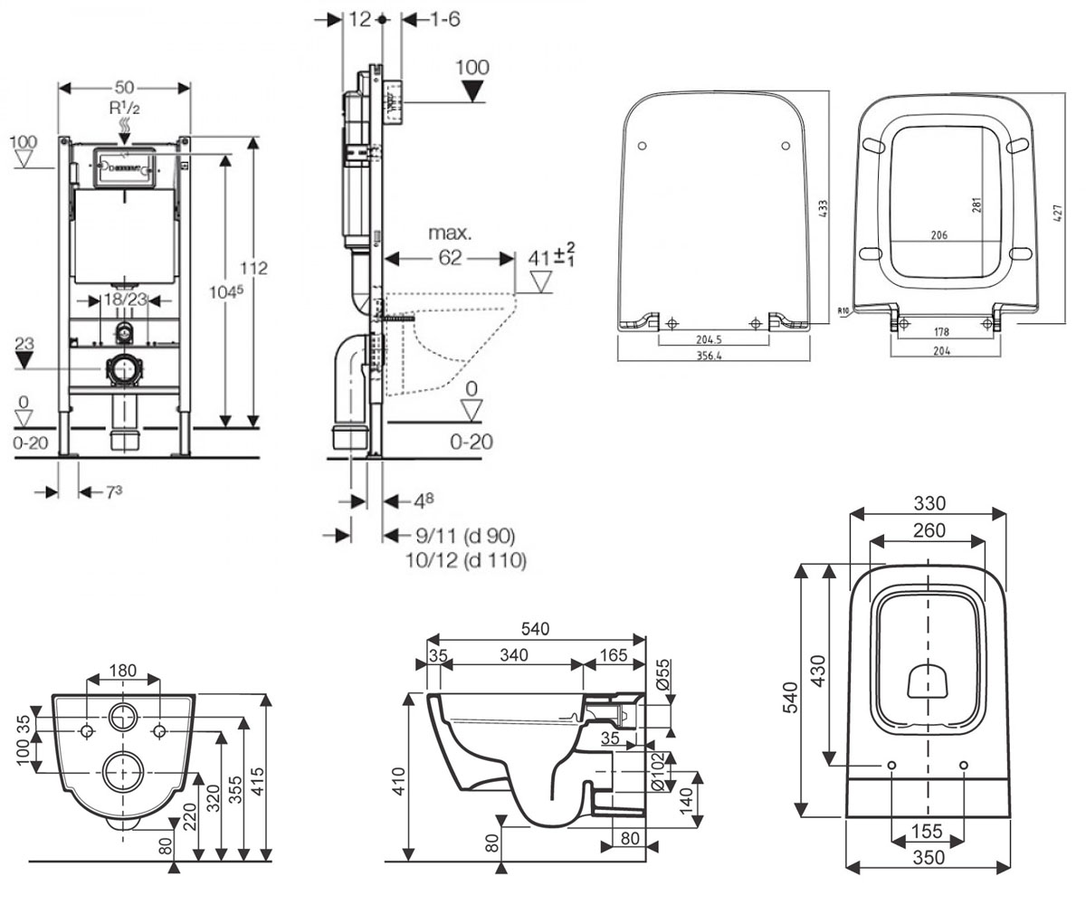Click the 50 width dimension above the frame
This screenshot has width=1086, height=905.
point(124,88)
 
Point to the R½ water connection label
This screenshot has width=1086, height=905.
point(124,108)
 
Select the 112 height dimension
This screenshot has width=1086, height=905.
point(253,269)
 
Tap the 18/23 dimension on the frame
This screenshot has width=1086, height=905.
point(126,300)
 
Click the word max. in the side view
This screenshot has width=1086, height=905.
point(450,233)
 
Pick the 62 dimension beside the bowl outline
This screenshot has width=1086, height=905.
point(450,257)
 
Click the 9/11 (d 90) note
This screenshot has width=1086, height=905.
point(465,535)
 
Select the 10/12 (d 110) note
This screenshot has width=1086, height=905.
point(466,560)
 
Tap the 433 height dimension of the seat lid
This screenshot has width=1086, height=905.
point(823,208)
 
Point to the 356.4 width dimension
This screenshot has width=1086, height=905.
point(709,356)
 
